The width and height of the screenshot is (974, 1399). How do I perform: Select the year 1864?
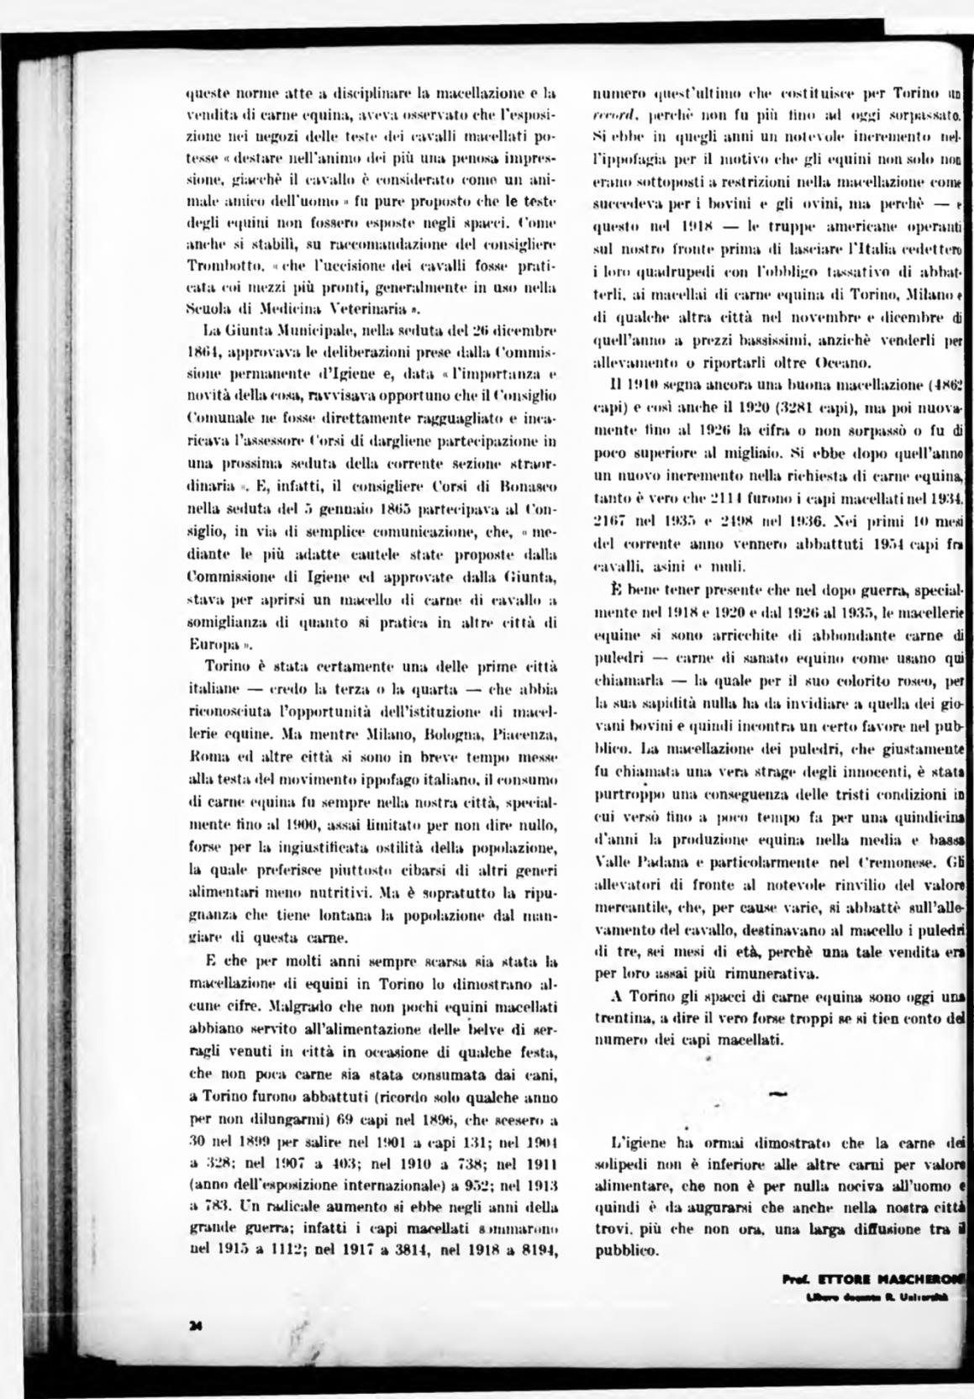202,346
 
